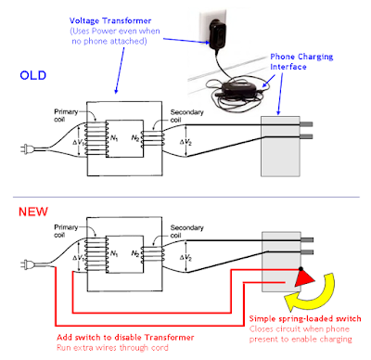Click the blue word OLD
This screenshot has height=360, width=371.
point(32,75)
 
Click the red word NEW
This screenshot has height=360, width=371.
point(33,212)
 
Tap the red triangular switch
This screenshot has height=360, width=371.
point(303,277)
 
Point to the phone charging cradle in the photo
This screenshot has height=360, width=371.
point(239,87)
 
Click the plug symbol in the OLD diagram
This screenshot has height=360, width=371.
point(28,149)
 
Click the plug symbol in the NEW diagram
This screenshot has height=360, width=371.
point(28,264)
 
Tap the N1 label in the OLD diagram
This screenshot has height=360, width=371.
point(114,138)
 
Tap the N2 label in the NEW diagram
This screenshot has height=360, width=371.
point(135,254)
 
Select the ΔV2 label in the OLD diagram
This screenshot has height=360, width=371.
point(185,142)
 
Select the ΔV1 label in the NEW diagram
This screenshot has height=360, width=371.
point(78,258)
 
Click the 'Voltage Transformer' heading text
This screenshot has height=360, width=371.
point(110,21)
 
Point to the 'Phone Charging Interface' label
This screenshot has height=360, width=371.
point(301,61)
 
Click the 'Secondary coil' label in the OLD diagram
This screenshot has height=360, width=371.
point(186,116)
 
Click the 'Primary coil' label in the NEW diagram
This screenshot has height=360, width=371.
point(66,231)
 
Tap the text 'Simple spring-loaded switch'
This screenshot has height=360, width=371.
point(305,319)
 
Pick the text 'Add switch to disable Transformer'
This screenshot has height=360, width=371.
point(125,338)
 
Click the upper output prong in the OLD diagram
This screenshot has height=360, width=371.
point(306,124)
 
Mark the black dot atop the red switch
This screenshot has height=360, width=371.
point(301,269)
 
